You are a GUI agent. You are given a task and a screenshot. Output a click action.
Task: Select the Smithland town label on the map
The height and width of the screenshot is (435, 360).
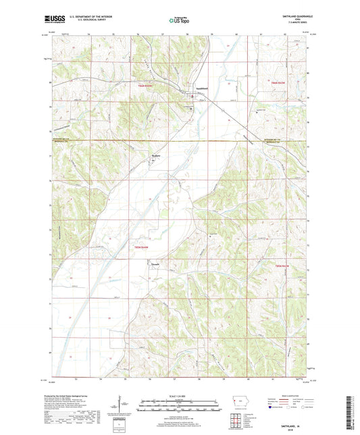193,90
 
